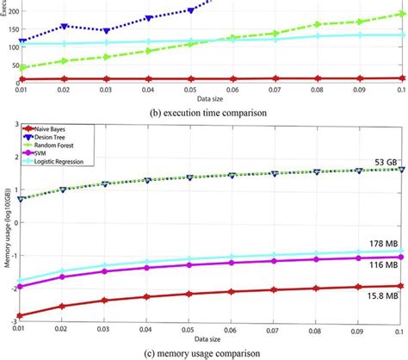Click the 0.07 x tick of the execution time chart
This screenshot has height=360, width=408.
coord(275,88)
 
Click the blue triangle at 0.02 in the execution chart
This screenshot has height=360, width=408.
coord(65,27)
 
